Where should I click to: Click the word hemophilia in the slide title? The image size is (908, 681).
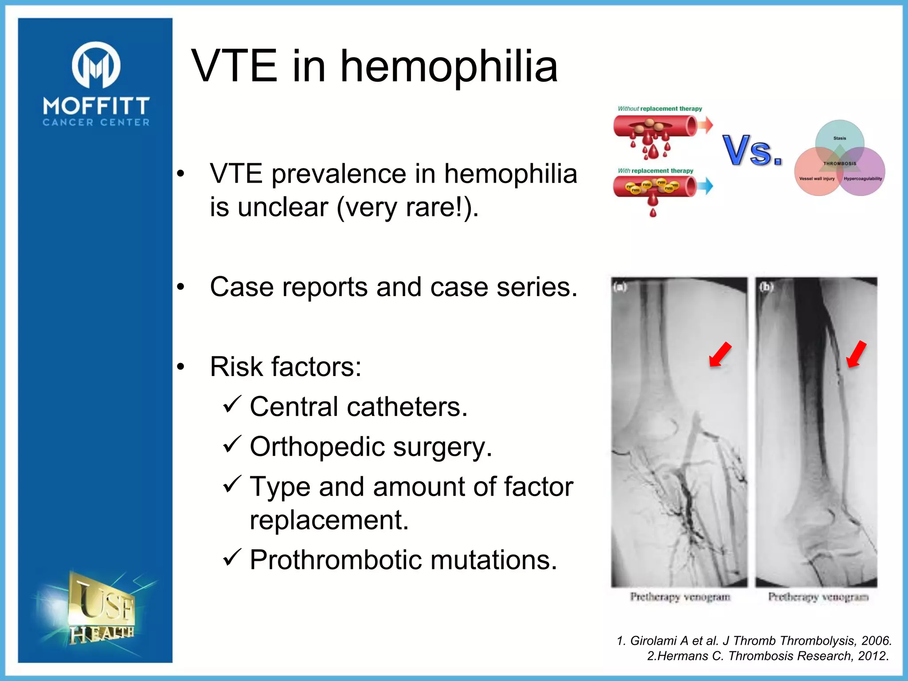(x=448, y=67)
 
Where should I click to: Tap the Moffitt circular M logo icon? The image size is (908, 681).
(x=96, y=65)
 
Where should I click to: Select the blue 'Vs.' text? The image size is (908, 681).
(x=752, y=151)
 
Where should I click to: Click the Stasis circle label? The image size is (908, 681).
(x=839, y=138)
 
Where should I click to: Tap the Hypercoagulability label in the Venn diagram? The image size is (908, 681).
(x=862, y=179)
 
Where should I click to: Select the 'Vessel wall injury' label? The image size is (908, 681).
(x=817, y=179)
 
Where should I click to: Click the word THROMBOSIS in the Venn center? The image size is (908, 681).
(x=839, y=164)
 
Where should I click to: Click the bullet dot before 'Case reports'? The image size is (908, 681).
(x=180, y=288)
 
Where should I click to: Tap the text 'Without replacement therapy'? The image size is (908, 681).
(x=660, y=109)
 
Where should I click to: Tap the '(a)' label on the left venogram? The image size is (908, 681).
(x=620, y=287)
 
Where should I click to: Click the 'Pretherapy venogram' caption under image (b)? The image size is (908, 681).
(x=818, y=597)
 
